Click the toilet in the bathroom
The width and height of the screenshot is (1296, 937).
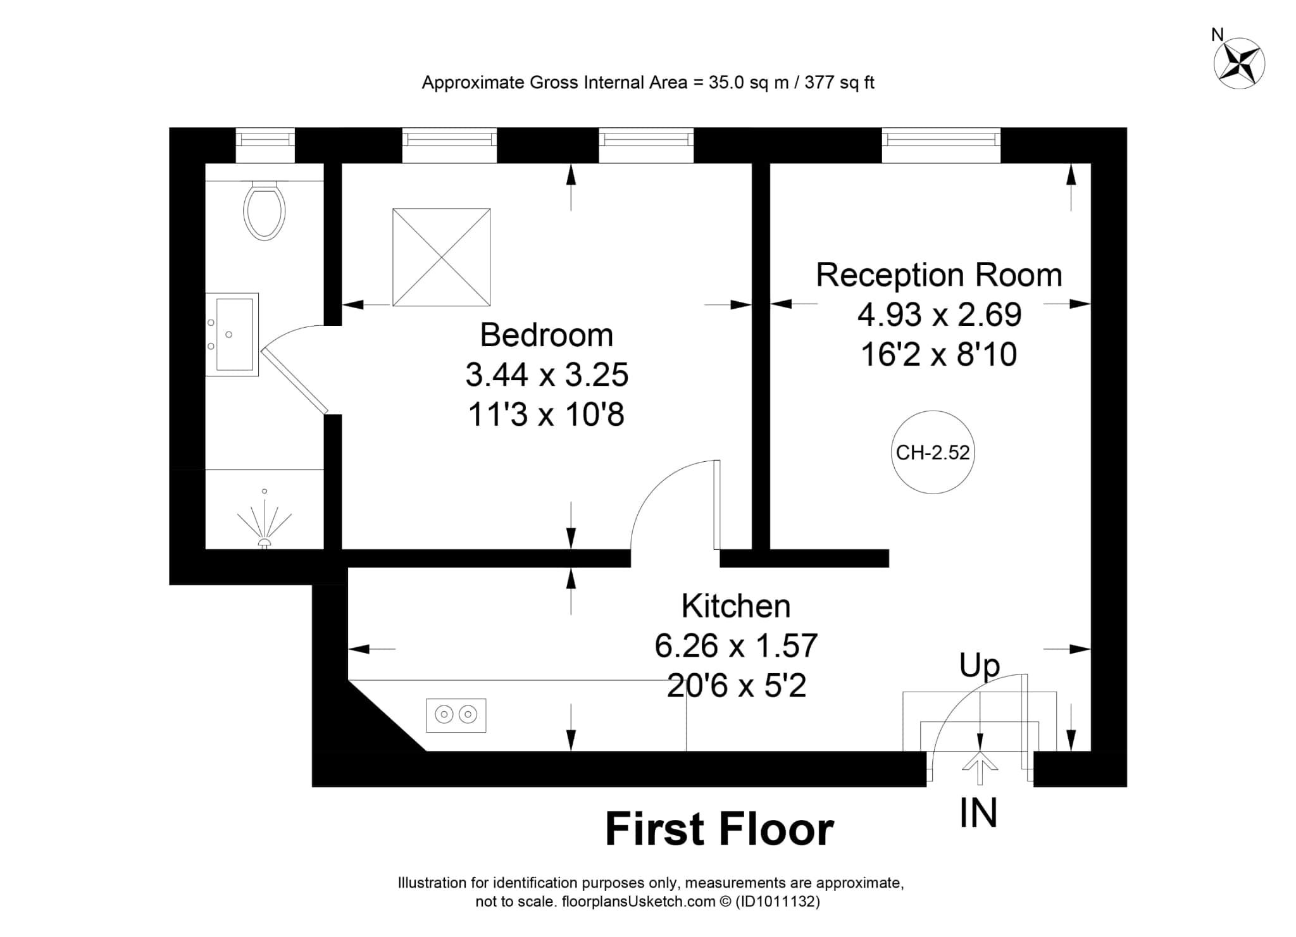pos(265,210)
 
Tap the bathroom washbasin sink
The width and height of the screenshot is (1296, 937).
pos(232,335)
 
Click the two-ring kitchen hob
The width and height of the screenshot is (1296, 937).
pos(456,716)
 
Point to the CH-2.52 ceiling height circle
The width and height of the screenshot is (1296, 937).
pos(933,452)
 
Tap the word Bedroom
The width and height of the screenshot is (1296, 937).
pos(547,335)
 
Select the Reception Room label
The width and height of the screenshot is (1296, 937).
pos(939,275)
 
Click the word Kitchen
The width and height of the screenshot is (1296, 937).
pos(736,606)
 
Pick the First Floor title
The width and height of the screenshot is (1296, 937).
pos(720,829)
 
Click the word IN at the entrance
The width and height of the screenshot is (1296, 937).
pos(978,813)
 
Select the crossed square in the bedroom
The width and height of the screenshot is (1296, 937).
pos(442,258)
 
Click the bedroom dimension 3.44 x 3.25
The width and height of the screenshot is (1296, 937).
pos(547,375)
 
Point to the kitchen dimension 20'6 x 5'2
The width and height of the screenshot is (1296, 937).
pos(737,686)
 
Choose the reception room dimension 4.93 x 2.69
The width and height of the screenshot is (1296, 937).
pos(940,314)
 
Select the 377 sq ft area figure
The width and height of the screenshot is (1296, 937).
pos(839,83)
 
